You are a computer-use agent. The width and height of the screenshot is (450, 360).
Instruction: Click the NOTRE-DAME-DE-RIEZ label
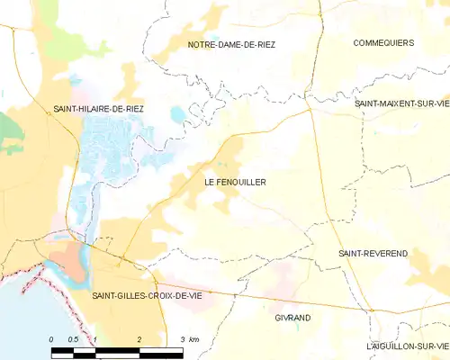tap(230, 44)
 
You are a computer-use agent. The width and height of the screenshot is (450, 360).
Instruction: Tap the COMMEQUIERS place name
tap(382, 42)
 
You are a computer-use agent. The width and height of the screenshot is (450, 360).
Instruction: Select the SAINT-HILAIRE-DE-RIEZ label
tap(97, 108)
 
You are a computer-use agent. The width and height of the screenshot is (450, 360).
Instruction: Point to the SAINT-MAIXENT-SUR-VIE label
tap(400, 104)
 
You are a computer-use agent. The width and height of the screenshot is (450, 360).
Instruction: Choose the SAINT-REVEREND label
tap(373, 254)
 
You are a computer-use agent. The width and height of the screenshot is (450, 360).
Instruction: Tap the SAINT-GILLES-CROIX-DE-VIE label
tap(147, 295)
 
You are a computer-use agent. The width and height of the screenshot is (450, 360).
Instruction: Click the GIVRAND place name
tap(292, 318)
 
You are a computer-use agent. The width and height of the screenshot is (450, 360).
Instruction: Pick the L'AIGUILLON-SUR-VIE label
tap(407, 346)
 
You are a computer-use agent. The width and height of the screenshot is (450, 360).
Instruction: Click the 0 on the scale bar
tap(52, 339)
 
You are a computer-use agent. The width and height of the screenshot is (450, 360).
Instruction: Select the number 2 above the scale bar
tap(139, 339)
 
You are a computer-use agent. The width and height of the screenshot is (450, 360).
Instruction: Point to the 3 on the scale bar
tap(183, 339)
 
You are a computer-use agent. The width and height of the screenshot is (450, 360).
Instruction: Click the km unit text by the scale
tap(194, 339)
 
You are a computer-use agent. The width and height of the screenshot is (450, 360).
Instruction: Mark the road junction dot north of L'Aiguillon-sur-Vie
tap(370, 310)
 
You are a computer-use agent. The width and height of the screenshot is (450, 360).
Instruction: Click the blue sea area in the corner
tap(18, 315)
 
